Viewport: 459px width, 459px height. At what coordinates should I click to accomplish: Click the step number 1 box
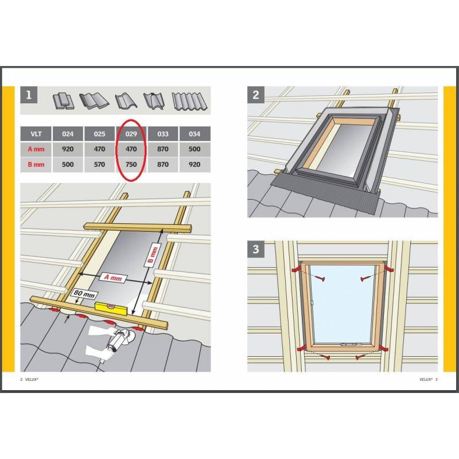point(29,95)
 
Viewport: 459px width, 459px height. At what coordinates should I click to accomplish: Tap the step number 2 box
point(256,95)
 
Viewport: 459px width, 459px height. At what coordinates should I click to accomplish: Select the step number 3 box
point(256,249)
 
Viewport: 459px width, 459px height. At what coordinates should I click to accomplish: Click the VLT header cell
point(36,134)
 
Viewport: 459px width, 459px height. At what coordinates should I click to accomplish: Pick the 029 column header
point(131,134)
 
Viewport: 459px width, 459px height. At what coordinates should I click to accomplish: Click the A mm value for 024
point(68,149)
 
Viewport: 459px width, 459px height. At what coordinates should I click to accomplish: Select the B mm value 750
point(131,165)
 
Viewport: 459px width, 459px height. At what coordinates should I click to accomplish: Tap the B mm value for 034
point(195,165)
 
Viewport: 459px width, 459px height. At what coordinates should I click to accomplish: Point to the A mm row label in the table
point(36,149)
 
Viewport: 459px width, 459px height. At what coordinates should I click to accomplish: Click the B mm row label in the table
point(36,165)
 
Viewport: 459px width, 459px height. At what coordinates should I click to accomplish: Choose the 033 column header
point(163,134)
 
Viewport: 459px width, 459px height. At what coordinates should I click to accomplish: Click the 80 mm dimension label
point(84,294)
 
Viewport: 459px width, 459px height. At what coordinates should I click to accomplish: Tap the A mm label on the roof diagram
point(113,278)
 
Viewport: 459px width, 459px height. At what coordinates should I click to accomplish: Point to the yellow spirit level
point(111,308)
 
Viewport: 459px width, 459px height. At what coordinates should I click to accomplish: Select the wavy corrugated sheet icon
point(189,102)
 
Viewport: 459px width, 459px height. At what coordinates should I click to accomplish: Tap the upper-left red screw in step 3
point(319,278)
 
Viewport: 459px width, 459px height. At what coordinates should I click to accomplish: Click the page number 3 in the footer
point(436,379)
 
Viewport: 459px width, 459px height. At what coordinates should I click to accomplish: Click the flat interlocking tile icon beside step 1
point(64,102)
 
